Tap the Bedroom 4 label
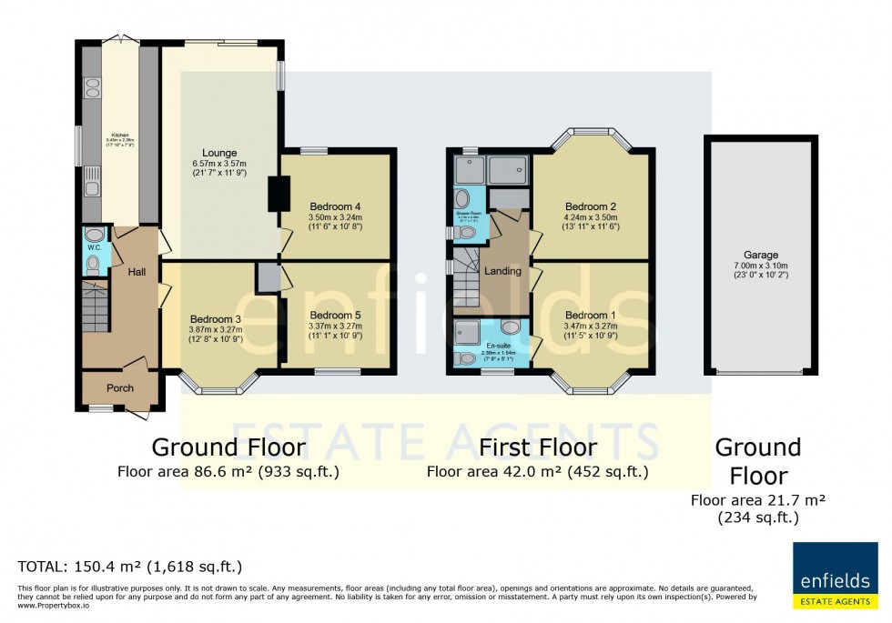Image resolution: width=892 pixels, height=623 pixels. coord(335,206)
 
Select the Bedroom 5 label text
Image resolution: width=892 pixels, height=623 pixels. coord(335,314)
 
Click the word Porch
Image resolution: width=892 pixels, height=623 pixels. coord(120,388)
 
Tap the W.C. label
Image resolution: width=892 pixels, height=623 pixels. coord(92,246)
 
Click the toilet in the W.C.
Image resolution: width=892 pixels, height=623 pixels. coord(93,265)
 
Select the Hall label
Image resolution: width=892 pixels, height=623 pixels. coord(137,271)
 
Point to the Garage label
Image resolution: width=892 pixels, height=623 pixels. coord(759,256)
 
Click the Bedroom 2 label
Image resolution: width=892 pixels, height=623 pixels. coord(591,206)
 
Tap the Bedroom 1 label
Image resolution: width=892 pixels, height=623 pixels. coord(591,314)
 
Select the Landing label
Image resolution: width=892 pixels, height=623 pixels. coord(502,271)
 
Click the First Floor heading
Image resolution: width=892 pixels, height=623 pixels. coord(538,447)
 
